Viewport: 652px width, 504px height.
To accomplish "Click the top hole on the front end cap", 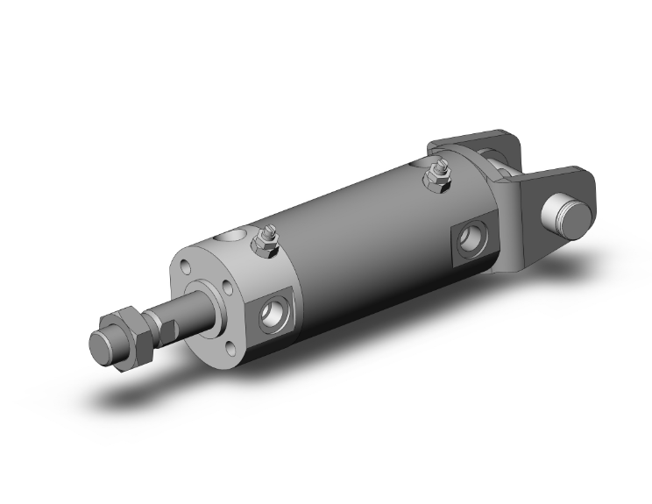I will tap(232, 236).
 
